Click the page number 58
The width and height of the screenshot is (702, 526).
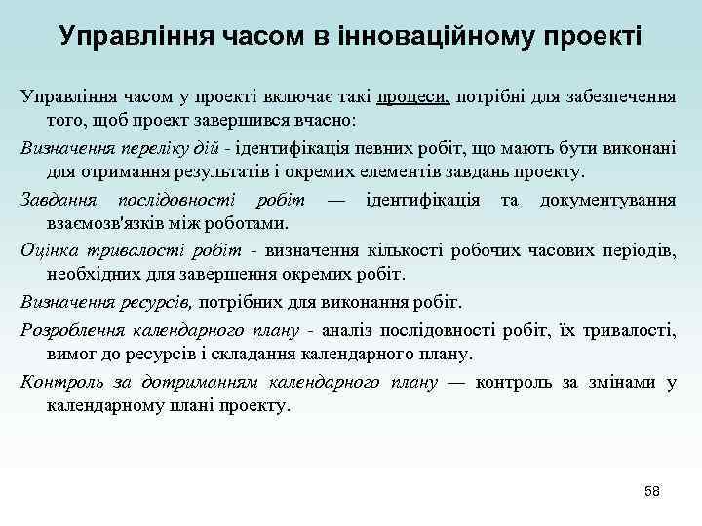(x=651, y=491)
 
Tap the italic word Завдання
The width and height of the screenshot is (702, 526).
(x=54, y=200)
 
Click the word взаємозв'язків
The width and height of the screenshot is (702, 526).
(x=108, y=223)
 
